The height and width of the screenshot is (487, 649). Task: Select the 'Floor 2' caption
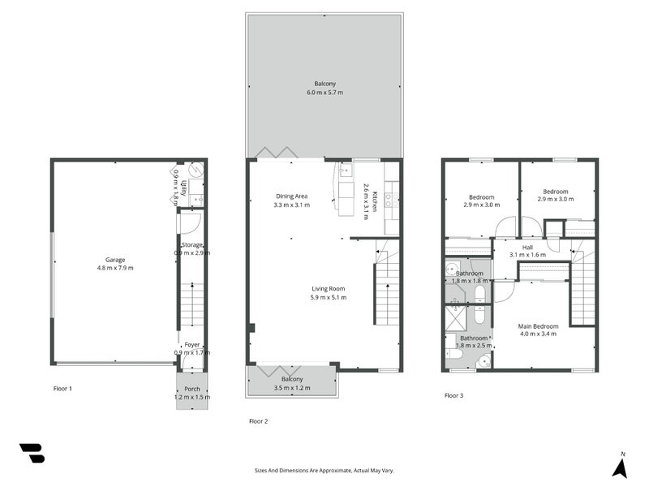[259, 420]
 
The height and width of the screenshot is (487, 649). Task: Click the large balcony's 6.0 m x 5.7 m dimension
[324, 93]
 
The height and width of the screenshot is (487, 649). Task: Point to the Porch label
[192, 389]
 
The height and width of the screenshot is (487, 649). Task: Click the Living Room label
[329, 288]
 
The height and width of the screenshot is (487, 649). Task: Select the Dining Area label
[290, 196]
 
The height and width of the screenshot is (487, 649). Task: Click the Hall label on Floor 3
[527, 247]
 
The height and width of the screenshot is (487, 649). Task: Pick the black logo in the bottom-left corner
[32, 453]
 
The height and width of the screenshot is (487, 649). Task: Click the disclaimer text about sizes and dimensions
[324, 470]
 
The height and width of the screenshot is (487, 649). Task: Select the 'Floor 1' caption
[62, 389]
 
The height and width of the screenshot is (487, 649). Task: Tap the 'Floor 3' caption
[455, 395]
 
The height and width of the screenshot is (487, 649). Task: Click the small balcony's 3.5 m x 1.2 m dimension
[292, 388]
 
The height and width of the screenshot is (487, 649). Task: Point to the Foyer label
[192, 344]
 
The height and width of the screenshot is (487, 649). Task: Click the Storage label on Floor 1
[192, 244]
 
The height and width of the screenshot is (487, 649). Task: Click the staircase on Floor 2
[387, 288]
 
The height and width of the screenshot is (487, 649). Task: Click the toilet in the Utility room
[195, 172]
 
